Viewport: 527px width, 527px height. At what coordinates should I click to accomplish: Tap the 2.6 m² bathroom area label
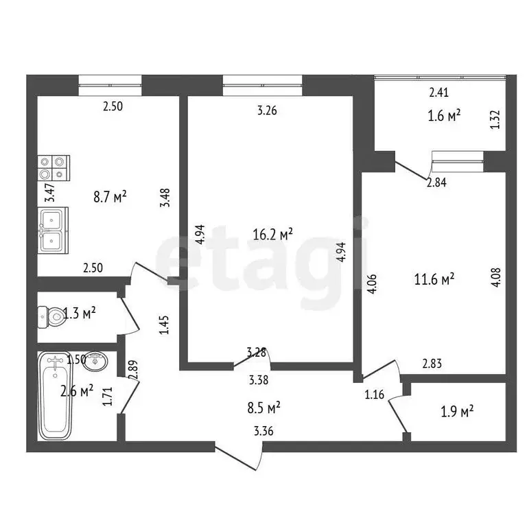click(x=77, y=391)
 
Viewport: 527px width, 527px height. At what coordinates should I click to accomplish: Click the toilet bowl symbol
click(x=51, y=316)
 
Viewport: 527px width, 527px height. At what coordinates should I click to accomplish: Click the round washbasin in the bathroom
click(x=98, y=360)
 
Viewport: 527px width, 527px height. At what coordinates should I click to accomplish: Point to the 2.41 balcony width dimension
click(x=439, y=93)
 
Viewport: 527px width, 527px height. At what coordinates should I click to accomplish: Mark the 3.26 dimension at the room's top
click(x=267, y=109)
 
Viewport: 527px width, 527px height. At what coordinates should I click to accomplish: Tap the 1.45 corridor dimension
click(x=163, y=324)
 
